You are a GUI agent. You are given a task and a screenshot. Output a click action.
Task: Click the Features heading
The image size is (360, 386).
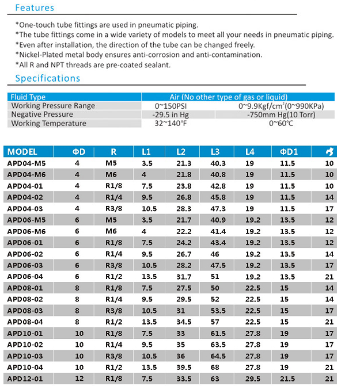pyautogui.click(x=34, y=8)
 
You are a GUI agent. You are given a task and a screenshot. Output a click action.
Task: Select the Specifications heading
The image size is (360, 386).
pyautogui.click(x=47, y=78)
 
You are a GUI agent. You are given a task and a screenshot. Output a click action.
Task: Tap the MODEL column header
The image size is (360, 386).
pyautogui.click(x=22, y=152)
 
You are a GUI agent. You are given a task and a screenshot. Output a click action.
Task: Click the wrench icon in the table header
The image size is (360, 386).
pyautogui.click(x=329, y=152)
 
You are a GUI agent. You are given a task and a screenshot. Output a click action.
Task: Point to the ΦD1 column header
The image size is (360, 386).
pyautogui.click(x=289, y=152)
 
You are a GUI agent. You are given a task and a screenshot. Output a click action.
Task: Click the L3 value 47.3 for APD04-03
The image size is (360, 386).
pyautogui.click(x=218, y=208)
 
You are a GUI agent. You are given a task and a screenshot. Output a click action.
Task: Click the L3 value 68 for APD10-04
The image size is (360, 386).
pyautogui.click(x=215, y=367)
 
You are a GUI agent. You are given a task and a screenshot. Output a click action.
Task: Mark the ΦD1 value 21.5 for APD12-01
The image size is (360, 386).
pyautogui.click(x=287, y=379)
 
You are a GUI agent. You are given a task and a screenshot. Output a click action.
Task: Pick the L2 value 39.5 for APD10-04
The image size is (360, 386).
pyautogui.click(x=184, y=367)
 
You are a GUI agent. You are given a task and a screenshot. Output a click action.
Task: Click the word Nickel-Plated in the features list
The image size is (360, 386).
pyautogui.click(x=43, y=55)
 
